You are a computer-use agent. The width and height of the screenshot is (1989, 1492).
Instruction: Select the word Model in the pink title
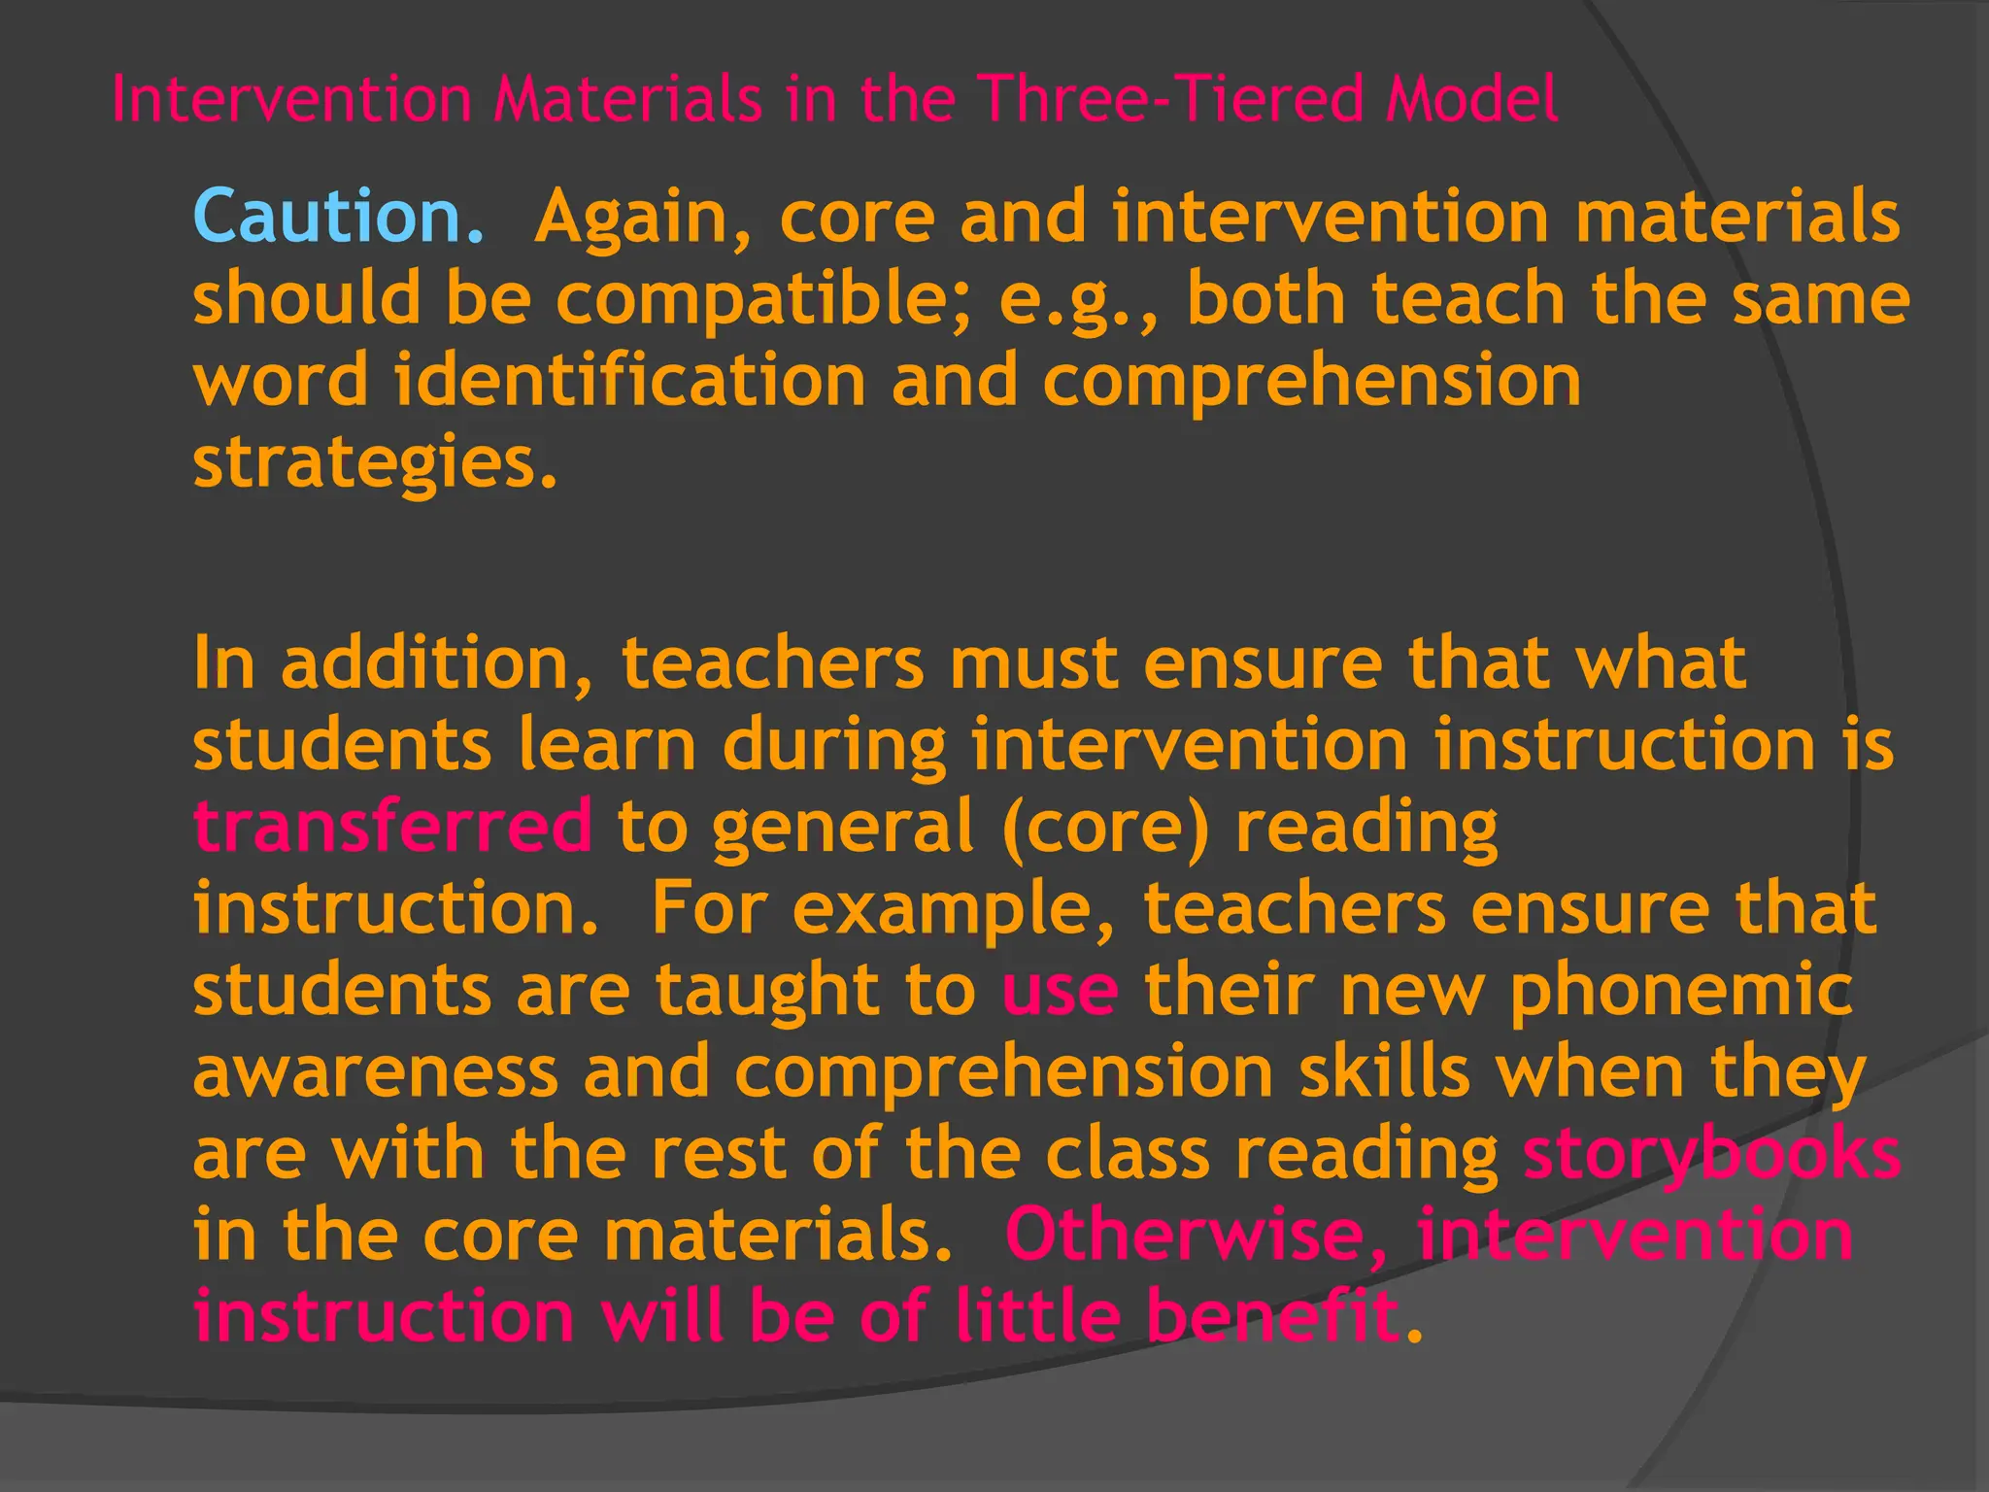tap(1470, 99)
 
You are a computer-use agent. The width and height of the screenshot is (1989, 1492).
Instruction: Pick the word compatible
tap(762, 299)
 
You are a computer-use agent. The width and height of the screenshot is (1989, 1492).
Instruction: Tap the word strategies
tap(375, 464)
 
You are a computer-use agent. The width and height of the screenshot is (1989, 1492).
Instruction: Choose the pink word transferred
tap(392, 826)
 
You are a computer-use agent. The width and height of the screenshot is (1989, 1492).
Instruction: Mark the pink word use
tap(1059, 991)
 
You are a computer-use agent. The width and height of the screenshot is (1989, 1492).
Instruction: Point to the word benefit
tap(1273, 1315)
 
